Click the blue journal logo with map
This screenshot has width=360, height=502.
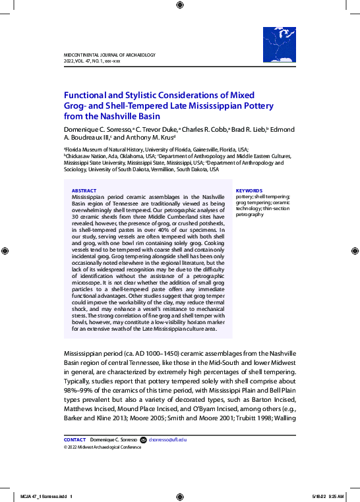pyautogui.click(x=279, y=45)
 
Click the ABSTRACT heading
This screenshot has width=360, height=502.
pyautogui.click(x=83, y=190)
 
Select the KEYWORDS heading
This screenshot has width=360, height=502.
pyautogui.click(x=249, y=190)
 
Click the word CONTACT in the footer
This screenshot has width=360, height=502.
pyautogui.click(x=75, y=439)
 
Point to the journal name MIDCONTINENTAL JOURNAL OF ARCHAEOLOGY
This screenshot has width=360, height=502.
pyautogui.click(x=109, y=55)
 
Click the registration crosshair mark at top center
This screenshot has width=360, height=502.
pyautogui.click(x=180, y=5)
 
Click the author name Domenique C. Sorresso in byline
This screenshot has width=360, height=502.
pyautogui.click(x=97, y=129)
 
